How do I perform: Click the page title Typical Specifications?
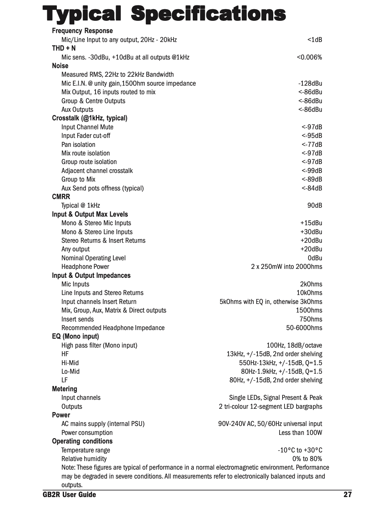coord(164,14)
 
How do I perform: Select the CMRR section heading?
coord(61,197)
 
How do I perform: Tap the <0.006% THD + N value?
coord(309,57)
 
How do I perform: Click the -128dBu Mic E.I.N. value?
coord(310,83)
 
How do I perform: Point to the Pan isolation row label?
coord(78,145)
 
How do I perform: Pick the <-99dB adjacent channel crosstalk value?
coord(312,171)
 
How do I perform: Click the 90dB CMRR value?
coord(315,205)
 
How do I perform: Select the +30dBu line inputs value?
coord(311,232)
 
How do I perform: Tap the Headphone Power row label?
coord(85,267)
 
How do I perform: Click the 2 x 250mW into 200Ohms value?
coord(287,267)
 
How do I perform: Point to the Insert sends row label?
coord(78,319)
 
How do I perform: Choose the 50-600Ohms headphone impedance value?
coord(304,328)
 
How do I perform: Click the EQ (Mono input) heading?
coord(75,336)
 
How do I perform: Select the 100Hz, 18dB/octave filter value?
coord(294,345)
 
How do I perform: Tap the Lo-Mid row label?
coord(70,371)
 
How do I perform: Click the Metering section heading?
coord(64,389)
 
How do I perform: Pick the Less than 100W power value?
coord(300,433)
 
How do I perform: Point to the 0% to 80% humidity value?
coord(307,459)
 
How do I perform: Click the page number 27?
coord(347,495)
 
